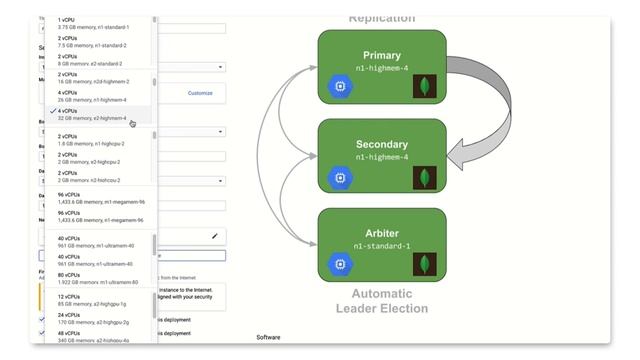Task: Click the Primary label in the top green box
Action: [x=382, y=56]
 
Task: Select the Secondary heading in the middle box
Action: [x=382, y=144]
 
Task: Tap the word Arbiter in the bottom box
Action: [x=382, y=233]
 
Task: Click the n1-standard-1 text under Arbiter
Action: [x=382, y=246]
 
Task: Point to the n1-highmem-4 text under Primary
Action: [x=382, y=70]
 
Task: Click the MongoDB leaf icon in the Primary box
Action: [x=426, y=86]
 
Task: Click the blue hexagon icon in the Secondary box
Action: [x=341, y=177]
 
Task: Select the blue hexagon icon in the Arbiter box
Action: [x=341, y=265]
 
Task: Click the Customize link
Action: [x=200, y=93]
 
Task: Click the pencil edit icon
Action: [x=214, y=236]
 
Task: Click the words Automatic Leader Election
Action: [x=382, y=301]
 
